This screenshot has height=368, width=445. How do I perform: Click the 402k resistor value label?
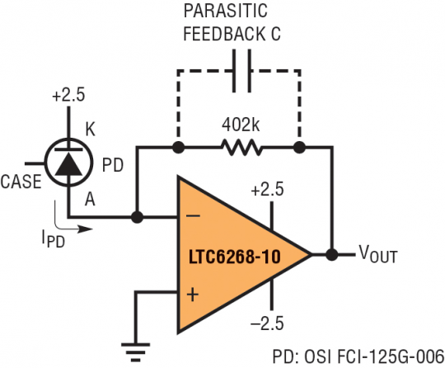(x=241, y=125)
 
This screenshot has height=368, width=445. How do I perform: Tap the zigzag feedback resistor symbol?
(x=241, y=147)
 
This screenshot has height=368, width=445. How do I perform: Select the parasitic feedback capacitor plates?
(x=241, y=71)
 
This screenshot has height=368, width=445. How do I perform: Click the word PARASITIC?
(x=226, y=11)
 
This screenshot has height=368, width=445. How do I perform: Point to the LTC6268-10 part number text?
(x=234, y=257)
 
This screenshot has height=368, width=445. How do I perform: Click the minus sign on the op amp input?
(x=193, y=216)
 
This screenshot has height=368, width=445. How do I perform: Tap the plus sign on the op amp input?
(x=193, y=295)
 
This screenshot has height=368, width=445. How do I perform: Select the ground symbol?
(x=136, y=352)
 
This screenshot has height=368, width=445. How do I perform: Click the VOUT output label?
(x=378, y=254)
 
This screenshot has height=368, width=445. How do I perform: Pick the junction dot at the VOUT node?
(x=331, y=254)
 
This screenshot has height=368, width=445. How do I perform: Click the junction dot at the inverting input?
(x=138, y=217)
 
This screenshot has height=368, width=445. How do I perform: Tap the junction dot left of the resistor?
(x=179, y=148)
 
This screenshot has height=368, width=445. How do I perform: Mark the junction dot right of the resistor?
(x=299, y=148)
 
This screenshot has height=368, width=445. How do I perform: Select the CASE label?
(x=21, y=182)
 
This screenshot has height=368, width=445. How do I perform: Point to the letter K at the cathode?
(x=91, y=130)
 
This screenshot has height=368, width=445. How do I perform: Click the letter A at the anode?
(x=90, y=199)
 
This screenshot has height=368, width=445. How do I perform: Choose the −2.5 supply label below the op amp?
(x=267, y=323)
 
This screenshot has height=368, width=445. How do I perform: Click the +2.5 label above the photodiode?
(x=68, y=95)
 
